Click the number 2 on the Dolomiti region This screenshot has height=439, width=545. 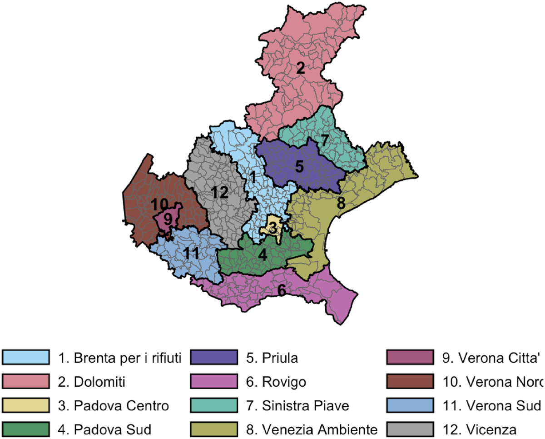coord(300,68)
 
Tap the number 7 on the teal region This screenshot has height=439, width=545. coord(325,140)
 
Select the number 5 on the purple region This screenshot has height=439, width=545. coord(299,166)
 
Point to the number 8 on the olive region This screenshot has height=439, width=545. coord(341,203)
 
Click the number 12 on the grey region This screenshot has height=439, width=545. coord(219,192)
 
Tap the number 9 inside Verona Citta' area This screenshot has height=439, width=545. coord(168,219)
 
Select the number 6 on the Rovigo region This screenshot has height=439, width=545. coord(282,290)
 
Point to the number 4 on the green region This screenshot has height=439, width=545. coord(263,254)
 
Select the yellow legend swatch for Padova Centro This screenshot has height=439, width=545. coord(25,405)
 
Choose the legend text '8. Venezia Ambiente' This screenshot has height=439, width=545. coord(313,429)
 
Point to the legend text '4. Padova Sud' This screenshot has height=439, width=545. coord(105,429)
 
